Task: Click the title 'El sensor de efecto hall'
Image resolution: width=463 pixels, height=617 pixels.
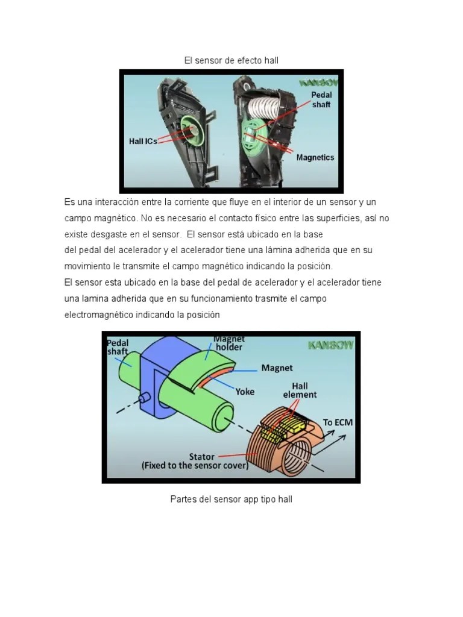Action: coord(231,60)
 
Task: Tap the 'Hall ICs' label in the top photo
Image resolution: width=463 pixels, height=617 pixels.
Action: coord(143,142)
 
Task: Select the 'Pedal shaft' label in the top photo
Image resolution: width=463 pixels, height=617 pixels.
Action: coord(321,100)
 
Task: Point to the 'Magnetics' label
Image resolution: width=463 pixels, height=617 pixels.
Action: coord(315,158)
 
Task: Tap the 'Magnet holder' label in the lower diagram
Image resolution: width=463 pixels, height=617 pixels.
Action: coord(228,343)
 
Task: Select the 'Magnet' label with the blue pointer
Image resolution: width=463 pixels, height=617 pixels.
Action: coord(277,368)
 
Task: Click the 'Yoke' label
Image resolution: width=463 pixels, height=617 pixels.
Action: coord(245,391)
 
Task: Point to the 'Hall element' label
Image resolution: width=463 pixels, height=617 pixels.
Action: coord(300,390)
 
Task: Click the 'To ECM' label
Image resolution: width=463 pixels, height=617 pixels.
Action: coord(338,422)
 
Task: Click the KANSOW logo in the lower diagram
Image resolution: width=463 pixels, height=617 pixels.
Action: coord(330,345)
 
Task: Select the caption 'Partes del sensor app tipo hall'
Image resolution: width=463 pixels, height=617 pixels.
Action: coord(231,500)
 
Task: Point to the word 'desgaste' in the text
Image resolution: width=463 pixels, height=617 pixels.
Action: coord(113,233)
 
